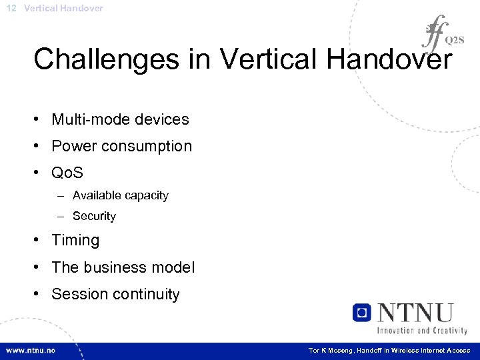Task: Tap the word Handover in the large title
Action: pos(389,59)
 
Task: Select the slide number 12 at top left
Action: pos(11,8)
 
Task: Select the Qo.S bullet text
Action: pos(67,173)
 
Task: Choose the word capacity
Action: pos(145,195)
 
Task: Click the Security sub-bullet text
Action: pos(94,216)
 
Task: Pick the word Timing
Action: pos(75,240)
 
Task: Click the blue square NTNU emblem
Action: pos(362,312)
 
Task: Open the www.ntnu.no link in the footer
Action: pos(31,351)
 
